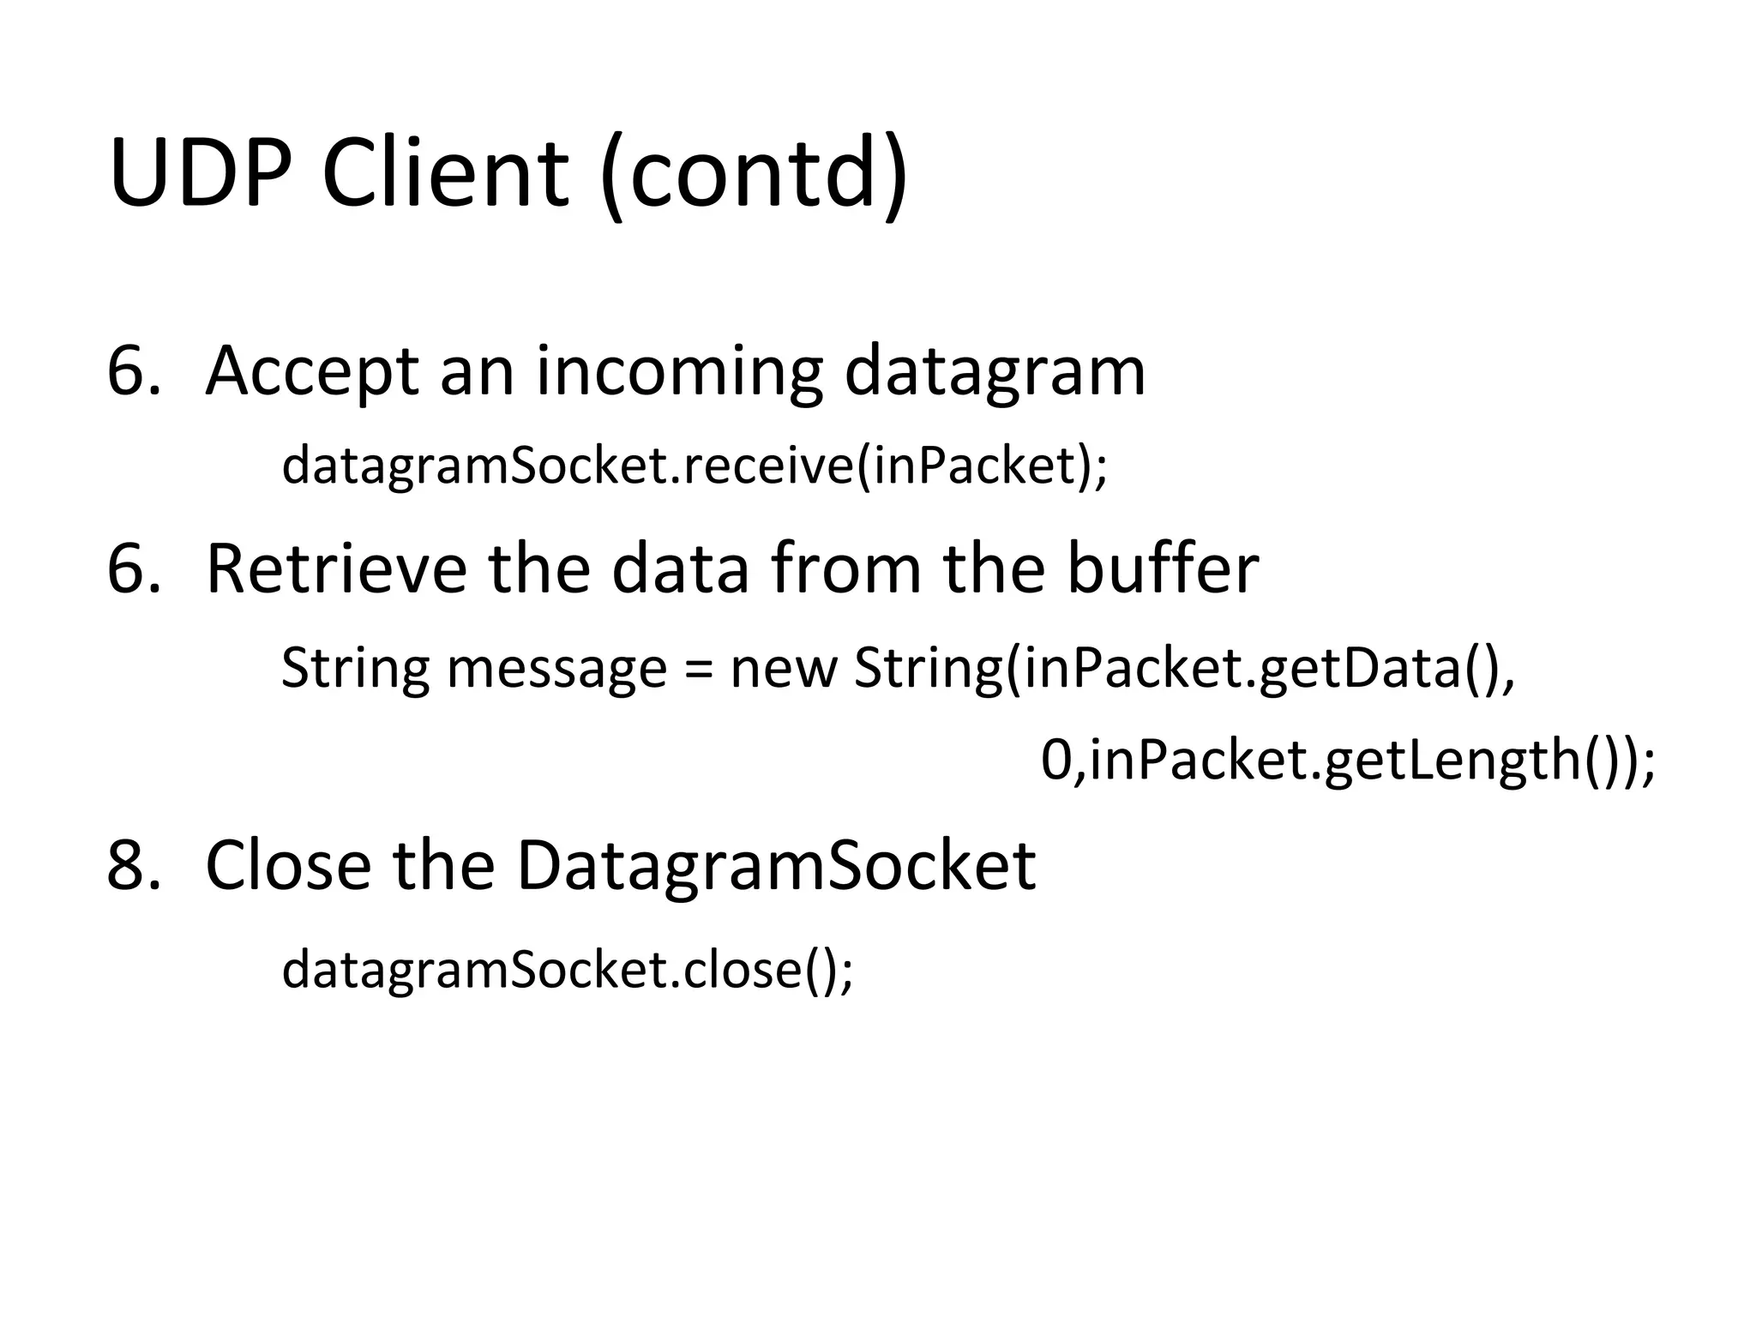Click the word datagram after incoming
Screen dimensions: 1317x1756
tap(995, 373)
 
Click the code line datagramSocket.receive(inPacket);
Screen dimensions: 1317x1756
tap(695, 466)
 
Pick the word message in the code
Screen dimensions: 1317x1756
tap(556, 668)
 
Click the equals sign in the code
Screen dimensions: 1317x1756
tap(699, 670)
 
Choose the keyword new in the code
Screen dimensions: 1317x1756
tap(782, 670)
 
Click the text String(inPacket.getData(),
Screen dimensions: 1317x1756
tap(1184, 670)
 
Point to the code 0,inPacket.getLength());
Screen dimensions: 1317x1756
tap(1348, 761)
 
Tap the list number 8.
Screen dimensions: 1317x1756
tap(132, 865)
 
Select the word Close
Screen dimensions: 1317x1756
tap(289, 865)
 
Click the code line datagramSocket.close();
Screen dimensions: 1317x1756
tap(568, 970)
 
